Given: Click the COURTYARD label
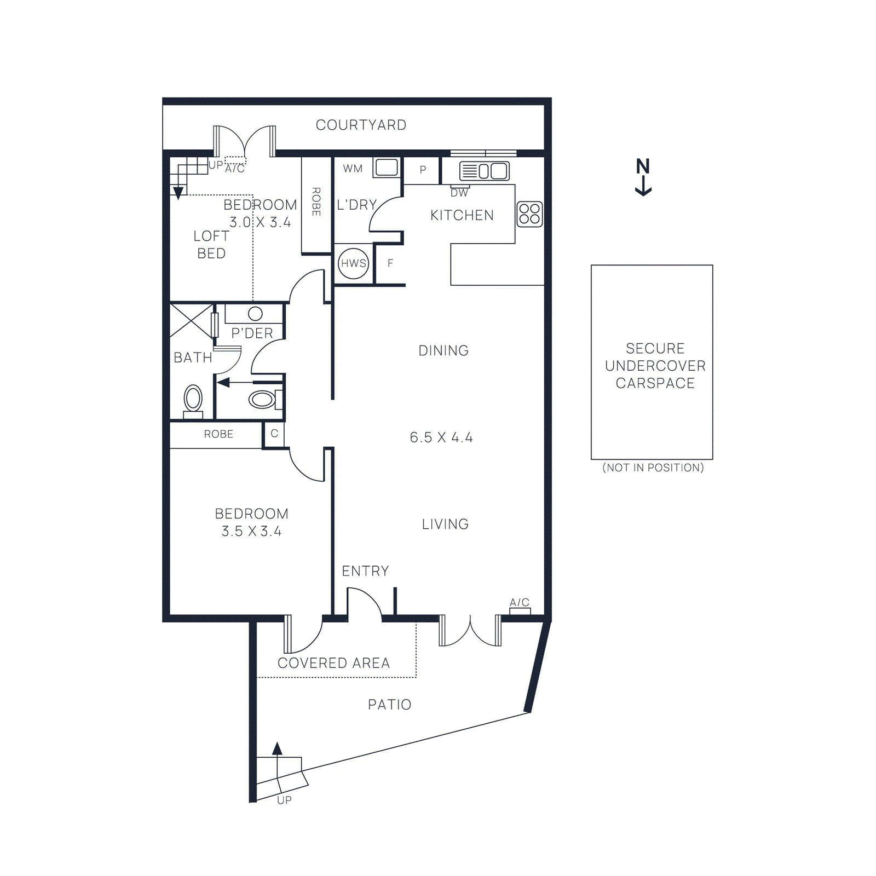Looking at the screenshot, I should [x=361, y=125].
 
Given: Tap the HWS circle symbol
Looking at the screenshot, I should [x=354, y=263].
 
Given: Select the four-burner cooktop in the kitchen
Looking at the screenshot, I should [x=529, y=214].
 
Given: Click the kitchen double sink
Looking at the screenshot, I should [x=485, y=171].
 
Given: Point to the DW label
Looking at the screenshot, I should [x=459, y=193].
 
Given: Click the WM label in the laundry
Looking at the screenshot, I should [x=353, y=169].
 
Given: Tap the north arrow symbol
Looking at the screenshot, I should [x=643, y=176].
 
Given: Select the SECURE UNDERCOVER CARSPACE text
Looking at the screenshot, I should [x=655, y=366].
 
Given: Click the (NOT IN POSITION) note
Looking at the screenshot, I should [x=653, y=468].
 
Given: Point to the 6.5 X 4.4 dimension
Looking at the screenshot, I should [x=441, y=437].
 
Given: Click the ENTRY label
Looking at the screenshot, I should [x=365, y=571].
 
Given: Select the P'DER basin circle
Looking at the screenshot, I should [x=255, y=314].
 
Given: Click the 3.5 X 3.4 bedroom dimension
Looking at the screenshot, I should [x=251, y=531].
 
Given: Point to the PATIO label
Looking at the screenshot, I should [x=389, y=705].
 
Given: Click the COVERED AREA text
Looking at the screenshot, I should [x=333, y=663].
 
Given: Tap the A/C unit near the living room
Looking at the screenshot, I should [x=520, y=611].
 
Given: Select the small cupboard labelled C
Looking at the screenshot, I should [x=274, y=434].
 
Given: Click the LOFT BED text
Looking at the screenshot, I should [x=211, y=245].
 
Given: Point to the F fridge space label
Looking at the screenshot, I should [x=390, y=263].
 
